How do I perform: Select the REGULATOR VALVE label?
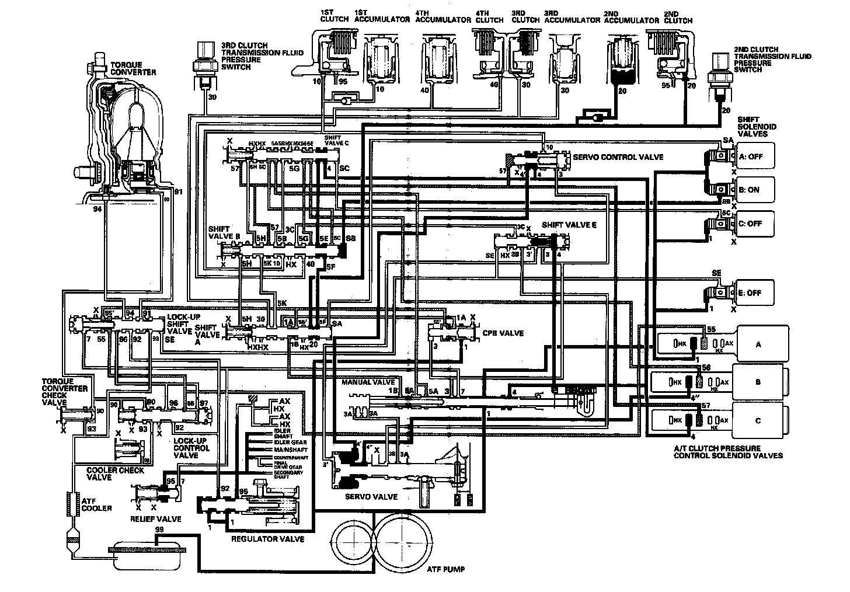pos(268,539)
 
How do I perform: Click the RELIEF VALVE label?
pos(155,518)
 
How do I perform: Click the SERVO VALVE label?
pos(373,497)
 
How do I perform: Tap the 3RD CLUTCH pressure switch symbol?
pos(205,61)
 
